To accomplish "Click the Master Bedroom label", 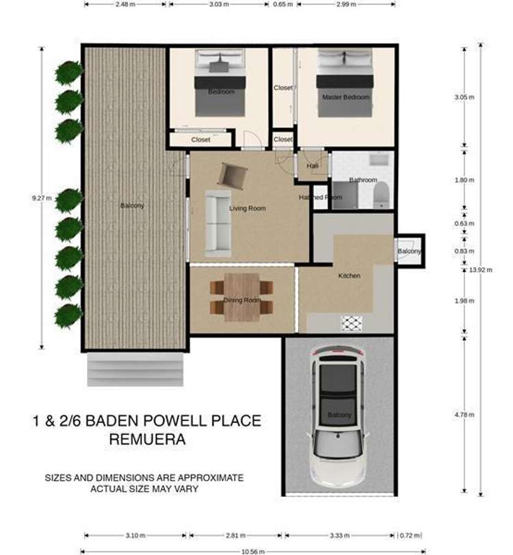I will click(345, 97).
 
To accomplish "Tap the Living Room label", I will click(247, 208).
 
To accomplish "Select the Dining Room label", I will click(243, 300).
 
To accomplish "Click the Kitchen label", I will click(349, 276).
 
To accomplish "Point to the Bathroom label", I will click(363, 180).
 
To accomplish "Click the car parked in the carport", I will click(339, 414).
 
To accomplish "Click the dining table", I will click(242, 297).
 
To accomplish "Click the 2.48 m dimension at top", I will click(125, 3).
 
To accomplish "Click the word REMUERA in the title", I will click(146, 439).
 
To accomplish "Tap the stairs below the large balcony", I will click(135, 369).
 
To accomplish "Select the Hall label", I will click(313, 166).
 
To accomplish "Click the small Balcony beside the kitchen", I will click(410, 252).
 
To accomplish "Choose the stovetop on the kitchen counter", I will click(352, 323).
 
